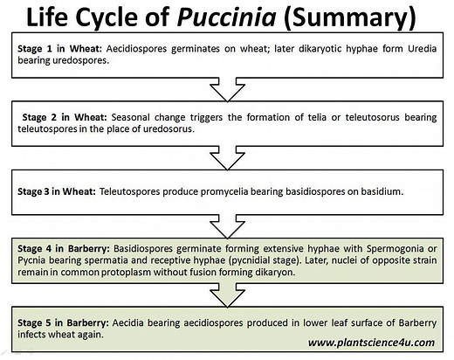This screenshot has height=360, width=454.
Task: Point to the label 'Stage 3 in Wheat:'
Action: coord(57,189)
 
